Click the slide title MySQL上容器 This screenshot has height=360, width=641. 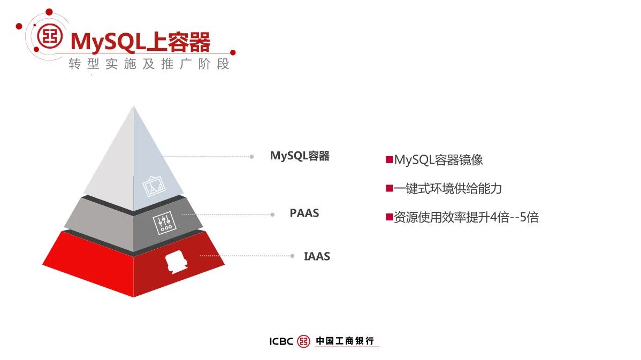[x=140, y=42]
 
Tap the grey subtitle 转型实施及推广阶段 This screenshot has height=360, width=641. [x=149, y=64]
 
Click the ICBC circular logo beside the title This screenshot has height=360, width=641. [x=50, y=36]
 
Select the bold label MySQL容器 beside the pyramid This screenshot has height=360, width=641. [x=300, y=156]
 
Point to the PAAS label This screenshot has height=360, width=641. [x=304, y=213]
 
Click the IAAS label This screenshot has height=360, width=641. [x=317, y=256]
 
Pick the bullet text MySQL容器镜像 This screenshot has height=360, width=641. [x=438, y=160]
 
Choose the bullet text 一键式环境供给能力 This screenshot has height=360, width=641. [x=448, y=188]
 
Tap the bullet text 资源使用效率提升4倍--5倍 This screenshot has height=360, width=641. [x=466, y=217]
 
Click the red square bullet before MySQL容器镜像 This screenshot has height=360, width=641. [x=389, y=159]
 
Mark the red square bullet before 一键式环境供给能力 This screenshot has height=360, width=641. [x=389, y=188]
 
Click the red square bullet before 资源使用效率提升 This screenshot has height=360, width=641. [x=389, y=217]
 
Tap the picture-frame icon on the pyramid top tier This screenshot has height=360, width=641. [x=154, y=186]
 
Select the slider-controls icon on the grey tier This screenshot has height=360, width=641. [x=164, y=223]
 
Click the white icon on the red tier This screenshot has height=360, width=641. [x=176, y=262]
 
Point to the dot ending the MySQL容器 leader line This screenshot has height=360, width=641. [x=252, y=157]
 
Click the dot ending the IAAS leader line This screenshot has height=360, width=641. [x=292, y=256]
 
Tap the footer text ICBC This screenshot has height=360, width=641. [x=281, y=341]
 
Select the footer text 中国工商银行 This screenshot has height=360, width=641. [x=345, y=341]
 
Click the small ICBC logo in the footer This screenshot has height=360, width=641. [x=304, y=341]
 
